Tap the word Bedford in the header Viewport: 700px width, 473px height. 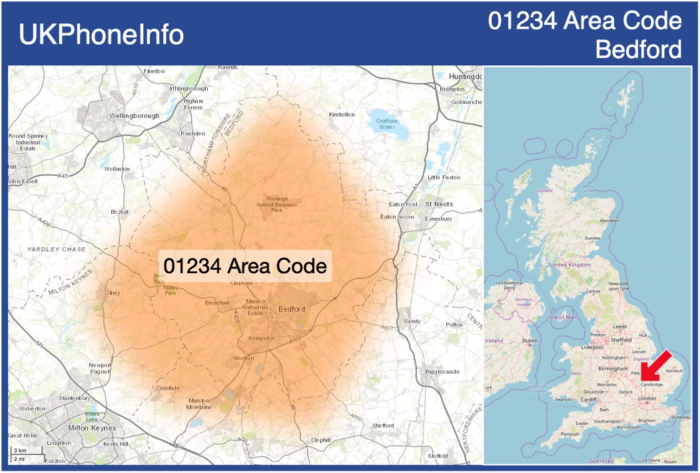pyautogui.click(x=638, y=49)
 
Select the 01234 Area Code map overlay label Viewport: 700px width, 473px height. pyautogui.click(x=245, y=266)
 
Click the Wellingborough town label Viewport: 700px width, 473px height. pyautogui.click(x=134, y=115)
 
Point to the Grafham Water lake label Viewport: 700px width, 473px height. pyautogui.click(x=386, y=124)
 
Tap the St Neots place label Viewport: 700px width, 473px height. pyautogui.click(x=439, y=204)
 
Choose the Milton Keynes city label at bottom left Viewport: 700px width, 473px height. pyautogui.click(x=92, y=428)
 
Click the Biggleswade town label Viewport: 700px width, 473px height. pyautogui.click(x=442, y=371)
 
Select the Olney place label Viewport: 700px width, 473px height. pyautogui.click(x=113, y=293)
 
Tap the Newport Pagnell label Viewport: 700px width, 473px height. pyautogui.click(x=101, y=368)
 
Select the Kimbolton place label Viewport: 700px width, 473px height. pyautogui.click(x=342, y=115)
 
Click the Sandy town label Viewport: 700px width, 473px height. pyautogui.click(x=412, y=321)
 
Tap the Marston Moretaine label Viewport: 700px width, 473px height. pyautogui.click(x=198, y=403)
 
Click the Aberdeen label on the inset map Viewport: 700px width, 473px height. pyautogui.click(x=609, y=220)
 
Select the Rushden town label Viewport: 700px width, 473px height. pyautogui.click(x=193, y=133)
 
